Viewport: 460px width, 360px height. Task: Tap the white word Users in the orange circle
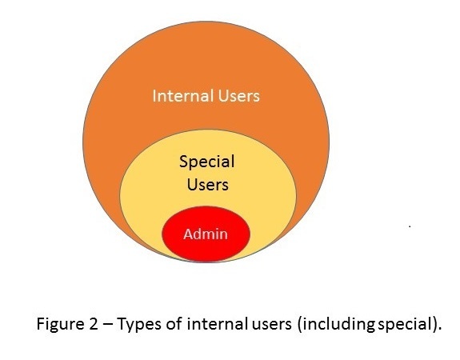pos(239,96)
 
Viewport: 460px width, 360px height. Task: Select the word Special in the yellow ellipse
pos(207,162)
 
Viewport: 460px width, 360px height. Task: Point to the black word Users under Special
pos(208,185)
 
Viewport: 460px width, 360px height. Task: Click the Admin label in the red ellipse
pos(206,234)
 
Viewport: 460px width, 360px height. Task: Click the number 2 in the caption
pos(93,324)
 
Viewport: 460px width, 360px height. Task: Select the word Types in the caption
pos(139,325)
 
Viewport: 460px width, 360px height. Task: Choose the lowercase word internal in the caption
pos(216,324)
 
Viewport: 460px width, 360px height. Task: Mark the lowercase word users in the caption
pos(272,326)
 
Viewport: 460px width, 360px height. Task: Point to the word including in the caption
pos(337,325)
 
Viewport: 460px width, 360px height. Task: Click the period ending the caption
pos(439,329)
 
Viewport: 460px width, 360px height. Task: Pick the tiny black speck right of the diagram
pos(410,226)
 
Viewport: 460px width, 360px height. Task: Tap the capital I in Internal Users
pos(154,96)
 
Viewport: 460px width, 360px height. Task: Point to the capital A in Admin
pos(188,234)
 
